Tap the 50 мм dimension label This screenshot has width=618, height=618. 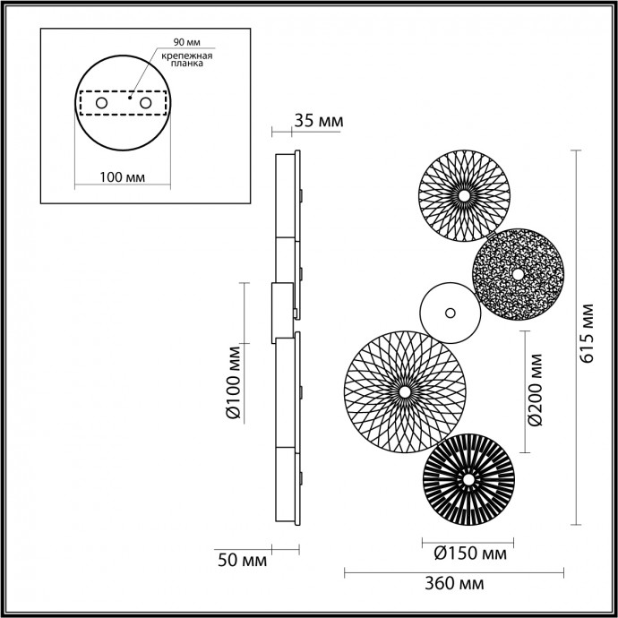[242, 561]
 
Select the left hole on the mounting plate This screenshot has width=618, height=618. [101, 105]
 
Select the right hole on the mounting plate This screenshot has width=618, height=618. [143, 105]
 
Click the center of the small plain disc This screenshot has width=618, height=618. [450, 313]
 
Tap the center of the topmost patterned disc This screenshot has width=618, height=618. [465, 194]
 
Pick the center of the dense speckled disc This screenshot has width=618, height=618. [518, 272]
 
